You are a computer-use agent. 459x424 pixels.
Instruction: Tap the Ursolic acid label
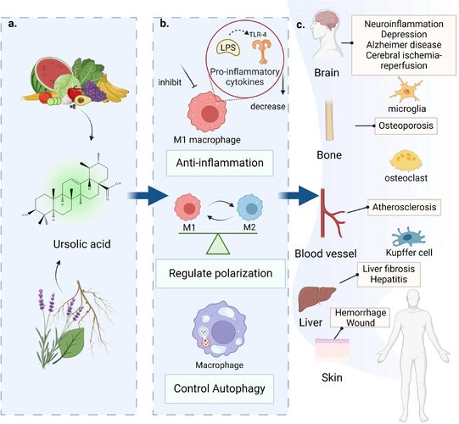(x=82, y=243)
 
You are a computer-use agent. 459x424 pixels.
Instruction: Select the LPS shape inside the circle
(x=228, y=48)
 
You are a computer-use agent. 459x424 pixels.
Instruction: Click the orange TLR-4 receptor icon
(x=262, y=51)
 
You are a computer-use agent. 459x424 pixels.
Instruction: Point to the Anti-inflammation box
(x=220, y=163)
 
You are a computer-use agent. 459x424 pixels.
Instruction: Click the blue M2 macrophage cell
(x=249, y=209)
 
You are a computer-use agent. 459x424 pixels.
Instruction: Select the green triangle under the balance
(x=218, y=243)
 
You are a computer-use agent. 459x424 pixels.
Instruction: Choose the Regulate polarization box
(x=221, y=273)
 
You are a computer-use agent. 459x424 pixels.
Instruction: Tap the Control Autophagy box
(x=219, y=388)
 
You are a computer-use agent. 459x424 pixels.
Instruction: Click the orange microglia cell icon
(x=406, y=90)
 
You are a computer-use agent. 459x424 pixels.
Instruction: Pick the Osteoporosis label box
(x=406, y=126)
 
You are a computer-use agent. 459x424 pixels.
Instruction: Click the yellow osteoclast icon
(x=406, y=160)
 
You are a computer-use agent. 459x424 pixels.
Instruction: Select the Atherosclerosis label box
(x=404, y=207)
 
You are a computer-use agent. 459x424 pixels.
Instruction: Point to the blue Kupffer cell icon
(x=408, y=237)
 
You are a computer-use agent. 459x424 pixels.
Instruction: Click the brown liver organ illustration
(x=316, y=298)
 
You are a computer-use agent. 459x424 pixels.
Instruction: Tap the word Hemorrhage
(x=361, y=313)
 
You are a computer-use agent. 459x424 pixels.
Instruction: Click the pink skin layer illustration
(x=332, y=349)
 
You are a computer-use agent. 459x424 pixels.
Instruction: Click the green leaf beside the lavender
(x=72, y=343)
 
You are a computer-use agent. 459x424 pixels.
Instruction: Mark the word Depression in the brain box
(x=404, y=34)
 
